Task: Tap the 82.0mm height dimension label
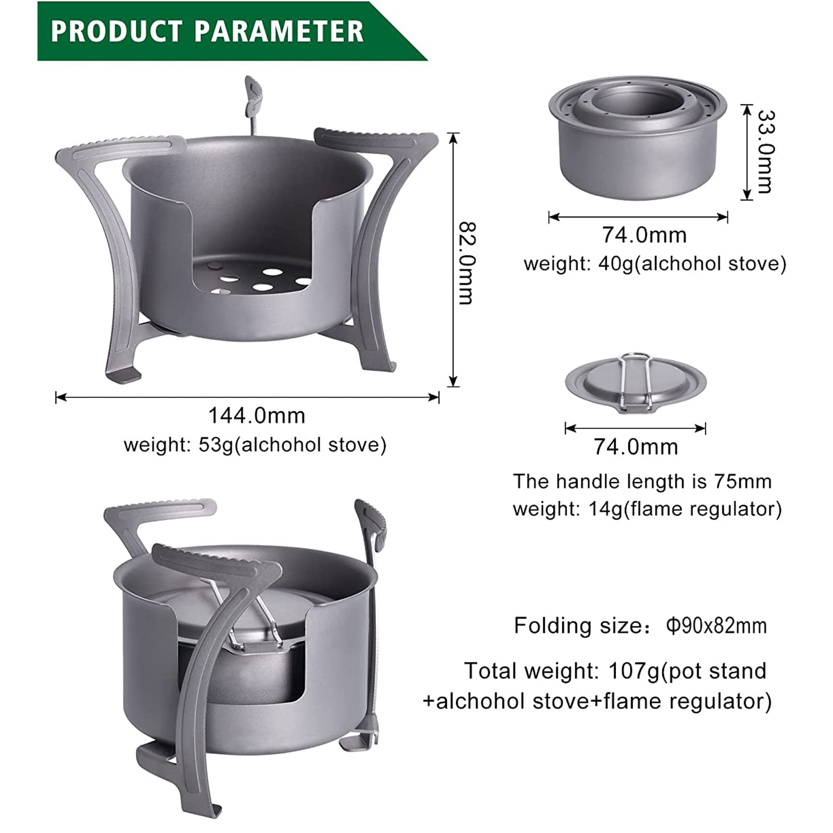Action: pos(466,263)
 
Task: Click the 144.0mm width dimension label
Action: pos(257,415)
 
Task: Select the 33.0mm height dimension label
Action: pos(766,151)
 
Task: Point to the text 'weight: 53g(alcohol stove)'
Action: pos(255,445)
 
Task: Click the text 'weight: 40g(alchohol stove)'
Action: pos(655,263)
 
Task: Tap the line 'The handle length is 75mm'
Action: pos(642,482)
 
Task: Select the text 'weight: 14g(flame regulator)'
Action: pos(647,509)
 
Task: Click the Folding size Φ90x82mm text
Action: pos(640,625)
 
